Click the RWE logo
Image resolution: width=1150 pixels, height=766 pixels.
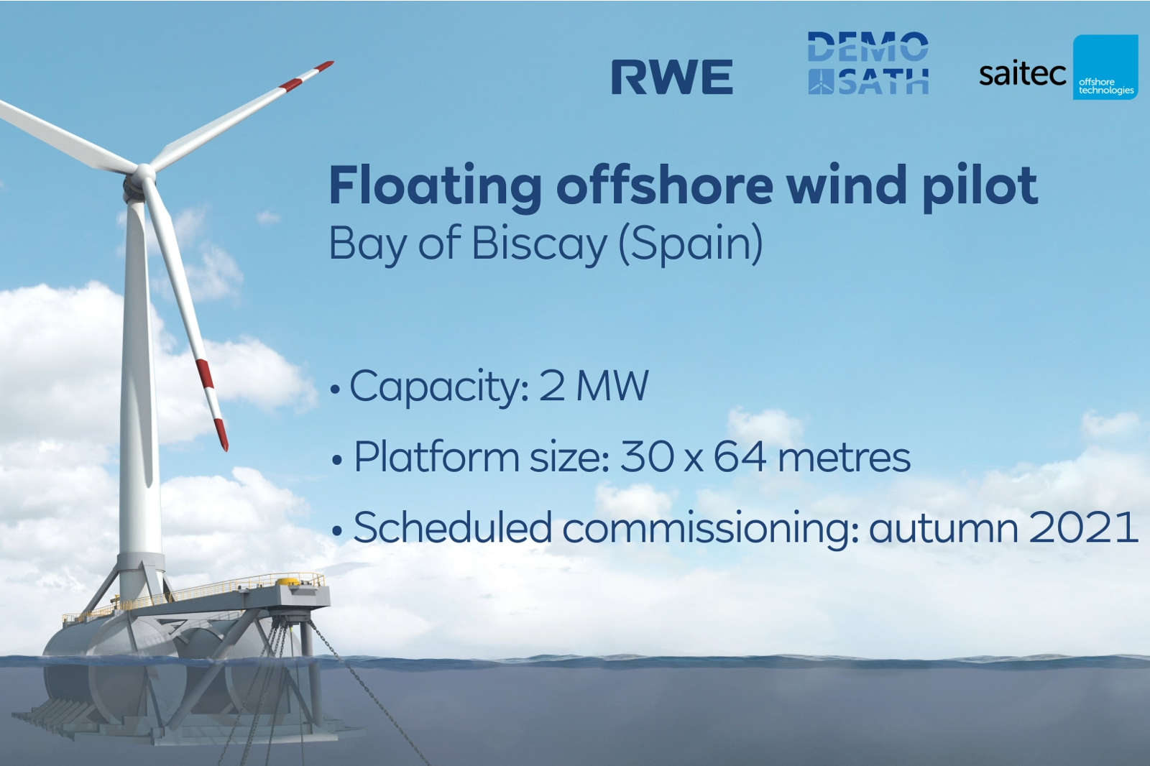pyautogui.click(x=672, y=77)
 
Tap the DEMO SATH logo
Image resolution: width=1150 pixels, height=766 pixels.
pyautogui.click(x=868, y=63)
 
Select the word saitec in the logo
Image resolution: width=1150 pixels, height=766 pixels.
pyautogui.click(x=1022, y=73)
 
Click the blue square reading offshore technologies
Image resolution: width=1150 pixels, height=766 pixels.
pyautogui.click(x=1105, y=68)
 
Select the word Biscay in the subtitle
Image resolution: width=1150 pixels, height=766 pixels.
pyautogui.click(x=539, y=244)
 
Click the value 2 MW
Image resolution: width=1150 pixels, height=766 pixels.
pyautogui.click(x=594, y=386)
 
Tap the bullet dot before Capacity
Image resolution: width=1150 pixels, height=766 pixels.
pyautogui.click(x=334, y=390)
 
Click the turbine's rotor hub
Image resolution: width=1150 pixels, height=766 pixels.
pyautogui.click(x=142, y=175)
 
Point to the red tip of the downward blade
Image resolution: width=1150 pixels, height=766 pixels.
pyautogui.click(x=221, y=435)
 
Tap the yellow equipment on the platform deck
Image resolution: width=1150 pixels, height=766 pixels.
pyautogui.click(x=287, y=581)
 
